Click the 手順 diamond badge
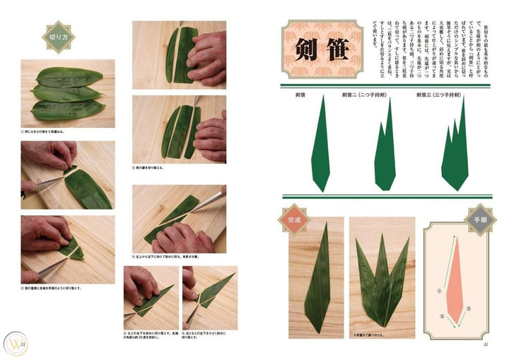coord(479,219)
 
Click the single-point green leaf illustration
coord(320,144)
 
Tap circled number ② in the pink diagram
coord(467,309)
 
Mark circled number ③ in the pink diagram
coord(443,316)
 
